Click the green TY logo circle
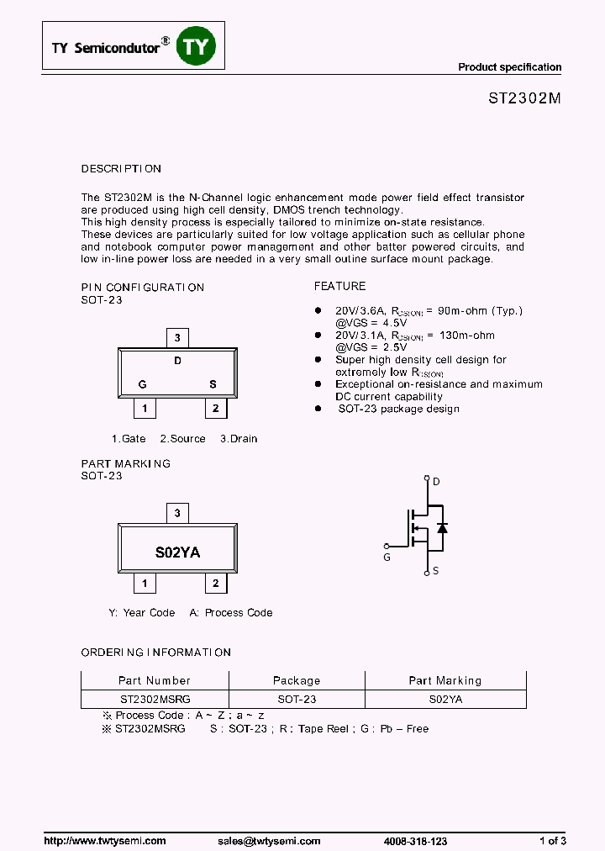tap(195, 48)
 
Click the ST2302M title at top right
tap(524, 98)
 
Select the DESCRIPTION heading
tap(121, 169)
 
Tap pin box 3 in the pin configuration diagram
tap(176, 338)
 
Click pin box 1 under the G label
tap(145, 409)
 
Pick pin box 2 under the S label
tap(215, 409)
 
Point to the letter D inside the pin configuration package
tap(177, 362)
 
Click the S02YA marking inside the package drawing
tap(177, 552)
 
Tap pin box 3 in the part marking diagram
tap(176, 513)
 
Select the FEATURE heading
tap(339, 287)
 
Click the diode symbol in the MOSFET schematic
tap(442, 528)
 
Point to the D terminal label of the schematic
tap(436, 482)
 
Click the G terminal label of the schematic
tap(387, 558)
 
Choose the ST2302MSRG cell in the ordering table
tap(155, 699)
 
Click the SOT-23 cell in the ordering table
tap(297, 699)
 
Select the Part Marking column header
tap(445, 680)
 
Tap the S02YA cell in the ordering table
tap(445, 699)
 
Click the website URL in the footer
tap(105, 841)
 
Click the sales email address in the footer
tap(269, 841)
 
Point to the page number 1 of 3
tap(552, 841)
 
